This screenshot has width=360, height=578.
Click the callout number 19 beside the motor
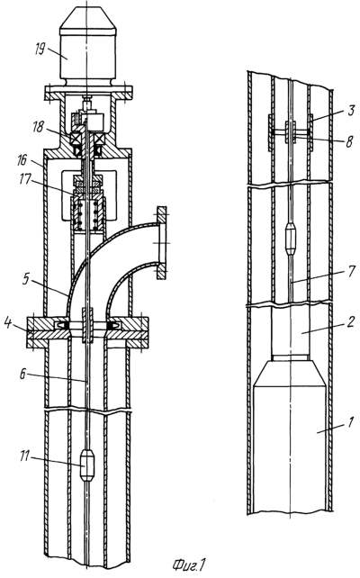pos(40,49)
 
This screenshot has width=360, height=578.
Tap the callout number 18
pos(37,127)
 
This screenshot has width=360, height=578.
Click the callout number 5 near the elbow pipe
pos(25,278)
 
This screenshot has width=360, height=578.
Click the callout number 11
pos(24,457)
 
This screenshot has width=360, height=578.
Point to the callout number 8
pos(349,141)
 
